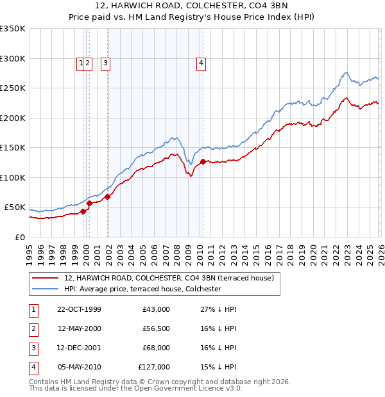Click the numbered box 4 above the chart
point(201,63)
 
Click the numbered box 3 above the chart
point(105,63)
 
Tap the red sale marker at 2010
point(203,161)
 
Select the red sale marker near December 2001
point(108,197)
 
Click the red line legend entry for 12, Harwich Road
point(169,278)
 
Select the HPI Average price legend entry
point(142,289)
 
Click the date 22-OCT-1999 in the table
point(79,309)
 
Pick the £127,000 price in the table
point(154,367)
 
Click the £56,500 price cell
point(156,328)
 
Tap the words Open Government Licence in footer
point(193,388)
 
